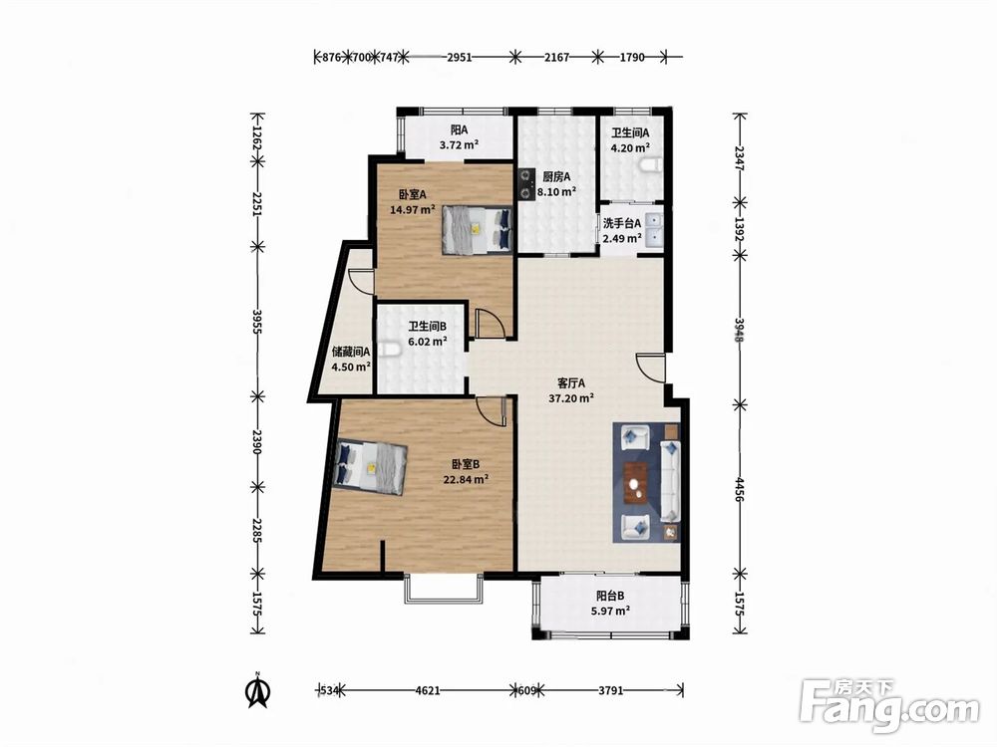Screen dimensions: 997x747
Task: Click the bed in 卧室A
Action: point(477,230)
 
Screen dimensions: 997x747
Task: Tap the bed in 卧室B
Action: point(371,467)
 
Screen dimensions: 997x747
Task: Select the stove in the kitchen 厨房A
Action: point(526,183)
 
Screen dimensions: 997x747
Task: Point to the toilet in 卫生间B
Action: point(390,351)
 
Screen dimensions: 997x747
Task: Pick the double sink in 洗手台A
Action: point(654,229)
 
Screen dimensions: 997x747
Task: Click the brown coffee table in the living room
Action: point(636,483)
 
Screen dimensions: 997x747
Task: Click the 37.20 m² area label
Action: point(571,398)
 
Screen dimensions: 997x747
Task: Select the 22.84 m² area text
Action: point(466,480)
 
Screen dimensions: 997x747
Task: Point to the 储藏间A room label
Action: point(351,351)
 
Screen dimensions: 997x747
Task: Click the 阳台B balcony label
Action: point(610,596)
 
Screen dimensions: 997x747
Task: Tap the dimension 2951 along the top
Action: point(459,57)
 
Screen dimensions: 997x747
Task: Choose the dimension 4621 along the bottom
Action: point(428,690)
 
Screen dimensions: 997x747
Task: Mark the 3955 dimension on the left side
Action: point(257,322)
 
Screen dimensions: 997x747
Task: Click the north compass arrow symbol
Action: point(257,690)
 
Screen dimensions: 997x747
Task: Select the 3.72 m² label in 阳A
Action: point(459,144)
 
